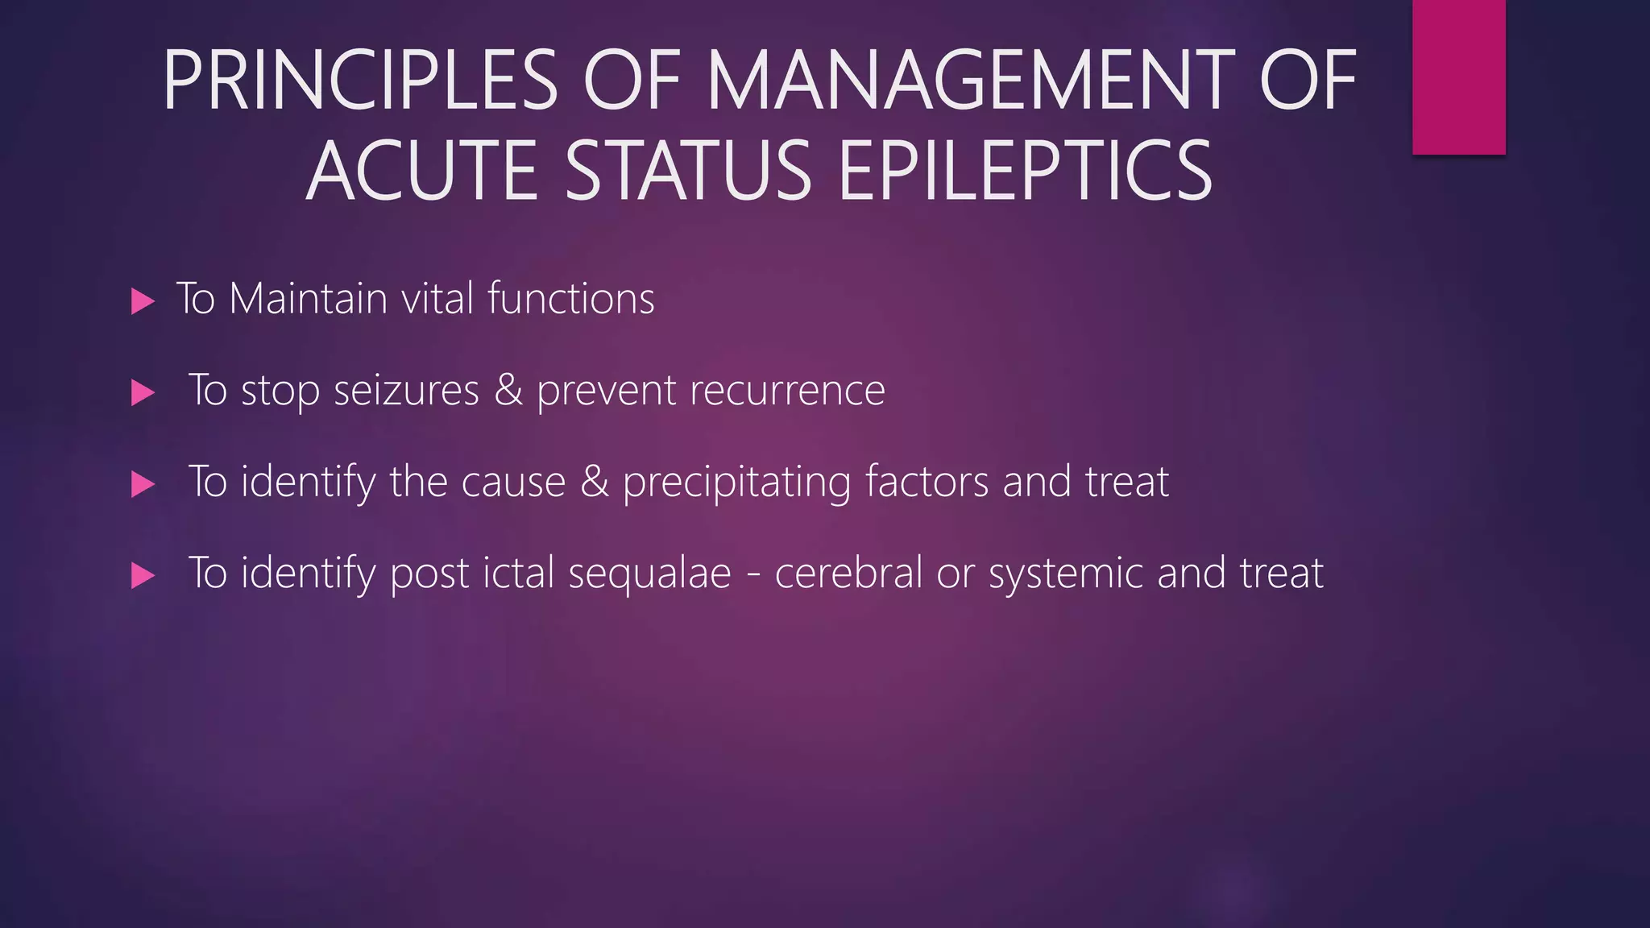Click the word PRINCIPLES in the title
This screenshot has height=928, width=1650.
point(360,81)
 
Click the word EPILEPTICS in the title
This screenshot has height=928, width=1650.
point(1025,172)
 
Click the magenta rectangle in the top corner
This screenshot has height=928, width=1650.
point(1458,77)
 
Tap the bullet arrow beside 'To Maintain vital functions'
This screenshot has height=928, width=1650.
point(143,302)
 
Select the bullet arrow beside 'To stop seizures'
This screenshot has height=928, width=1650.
point(143,393)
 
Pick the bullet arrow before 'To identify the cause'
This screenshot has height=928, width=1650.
point(143,484)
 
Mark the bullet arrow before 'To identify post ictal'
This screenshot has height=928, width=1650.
point(143,575)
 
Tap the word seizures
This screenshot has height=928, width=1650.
point(406,391)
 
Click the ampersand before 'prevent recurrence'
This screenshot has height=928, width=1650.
point(508,391)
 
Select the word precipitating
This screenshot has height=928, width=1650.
point(736,483)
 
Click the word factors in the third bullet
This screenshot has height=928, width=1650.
point(927,482)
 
